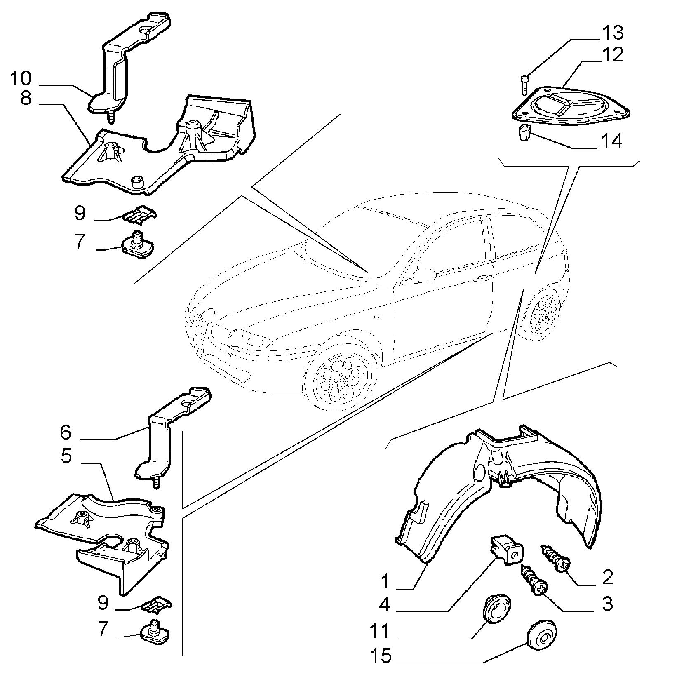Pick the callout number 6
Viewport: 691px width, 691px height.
(66, 432)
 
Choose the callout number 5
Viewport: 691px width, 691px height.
(66, 456)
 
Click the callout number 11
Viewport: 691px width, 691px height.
(379, 632)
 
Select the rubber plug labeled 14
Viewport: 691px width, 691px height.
(524, 133)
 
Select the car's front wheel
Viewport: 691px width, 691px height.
(341, 378)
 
